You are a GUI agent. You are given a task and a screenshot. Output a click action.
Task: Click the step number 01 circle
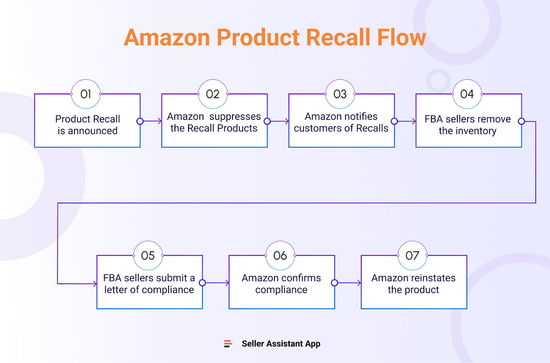click(86, 94)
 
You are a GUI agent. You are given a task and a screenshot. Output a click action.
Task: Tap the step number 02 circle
click(213, 94)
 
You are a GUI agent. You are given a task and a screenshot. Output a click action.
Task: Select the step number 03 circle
click(340, 94)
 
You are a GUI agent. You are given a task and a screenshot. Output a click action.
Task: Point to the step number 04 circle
click(467, 94)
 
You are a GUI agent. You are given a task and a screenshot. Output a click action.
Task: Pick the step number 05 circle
click(148, 256)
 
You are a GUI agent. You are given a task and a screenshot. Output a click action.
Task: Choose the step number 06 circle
click(280, 256)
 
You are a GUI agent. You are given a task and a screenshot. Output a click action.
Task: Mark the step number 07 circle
click(412, 256)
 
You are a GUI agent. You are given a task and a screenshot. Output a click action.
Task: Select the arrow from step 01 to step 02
click(151, 121)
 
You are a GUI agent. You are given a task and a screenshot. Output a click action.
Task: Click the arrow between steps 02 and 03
click(278, 121)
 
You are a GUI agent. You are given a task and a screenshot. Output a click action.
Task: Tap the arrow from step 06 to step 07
click(348, 283)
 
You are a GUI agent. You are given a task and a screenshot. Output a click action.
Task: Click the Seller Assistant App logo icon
click(228, 343)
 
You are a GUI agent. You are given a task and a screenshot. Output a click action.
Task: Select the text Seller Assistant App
click(281, 343)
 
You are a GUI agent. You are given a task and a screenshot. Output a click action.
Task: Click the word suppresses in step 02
click(235, 117)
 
